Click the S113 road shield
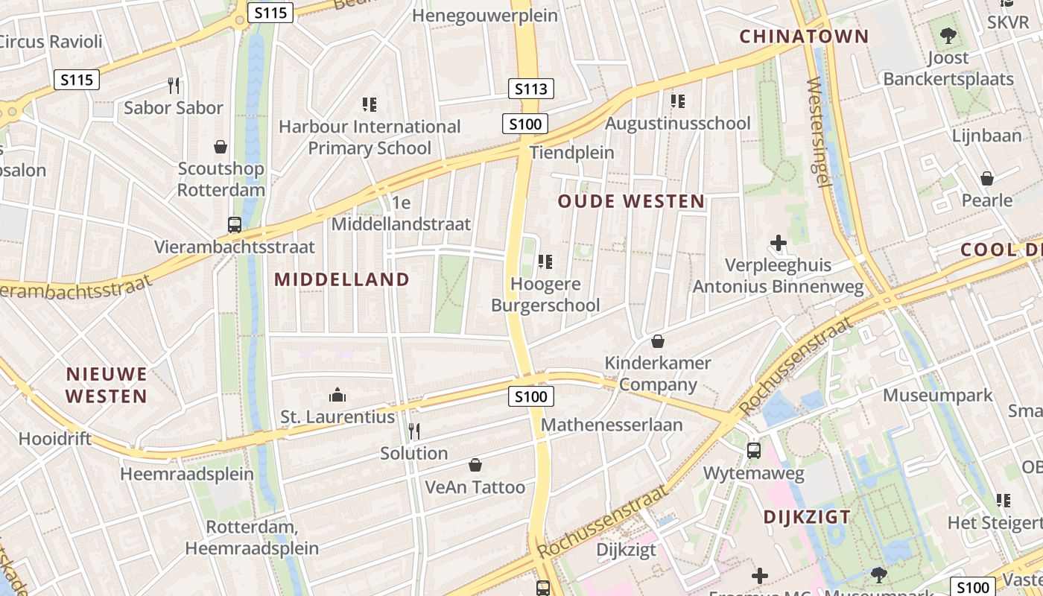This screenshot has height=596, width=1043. [x=531, y=89]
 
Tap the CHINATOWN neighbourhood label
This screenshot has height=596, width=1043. [x=804, y=36]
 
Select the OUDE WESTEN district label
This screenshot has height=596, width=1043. [x=631, y=201]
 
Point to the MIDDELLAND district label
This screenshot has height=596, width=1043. [x=342, y=279]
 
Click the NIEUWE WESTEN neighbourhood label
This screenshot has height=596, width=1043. [x=107, y=384]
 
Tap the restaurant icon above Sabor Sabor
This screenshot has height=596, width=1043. [x=174, y=86]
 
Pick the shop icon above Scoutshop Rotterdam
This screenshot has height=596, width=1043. [x=221, y=147]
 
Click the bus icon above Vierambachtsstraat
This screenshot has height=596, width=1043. [x=234, y=224]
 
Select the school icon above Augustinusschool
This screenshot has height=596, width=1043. [x=677, y=101]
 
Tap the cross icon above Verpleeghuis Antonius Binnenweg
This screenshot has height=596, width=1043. [x=779, y=243]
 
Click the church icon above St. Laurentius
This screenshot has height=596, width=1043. [x=337, y=394]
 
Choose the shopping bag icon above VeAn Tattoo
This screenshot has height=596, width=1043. [x=475, y=466]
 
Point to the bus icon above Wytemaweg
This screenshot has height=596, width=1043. [x=754, y=451]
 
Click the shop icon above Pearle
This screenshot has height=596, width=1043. [x=987, y=179]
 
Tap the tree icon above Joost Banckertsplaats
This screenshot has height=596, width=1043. [x=948, y=35]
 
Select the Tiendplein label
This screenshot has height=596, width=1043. [x=571, y=153]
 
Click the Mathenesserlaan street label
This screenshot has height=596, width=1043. [x=612, y=425]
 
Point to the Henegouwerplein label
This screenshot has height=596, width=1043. [x=484, y=15]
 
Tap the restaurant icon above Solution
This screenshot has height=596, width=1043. [x=414, y=431]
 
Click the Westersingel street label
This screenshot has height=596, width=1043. [x=819, y=134]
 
